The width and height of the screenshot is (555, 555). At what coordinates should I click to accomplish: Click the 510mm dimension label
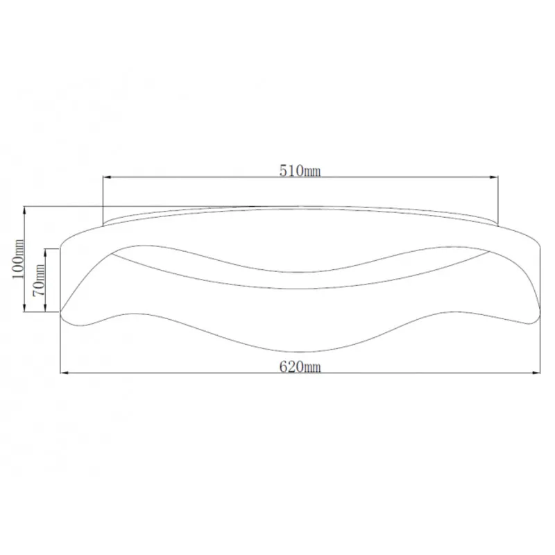[300, 171]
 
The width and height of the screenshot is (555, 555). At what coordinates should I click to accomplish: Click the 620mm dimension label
[300, 367]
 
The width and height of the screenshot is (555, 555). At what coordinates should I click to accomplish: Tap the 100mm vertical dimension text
[18, 259]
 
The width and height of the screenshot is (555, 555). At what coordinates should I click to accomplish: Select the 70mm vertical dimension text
[39, 280]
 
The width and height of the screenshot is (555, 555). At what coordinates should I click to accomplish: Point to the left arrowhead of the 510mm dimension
[108, 177]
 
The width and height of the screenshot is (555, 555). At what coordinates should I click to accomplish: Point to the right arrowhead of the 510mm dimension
[493, 177]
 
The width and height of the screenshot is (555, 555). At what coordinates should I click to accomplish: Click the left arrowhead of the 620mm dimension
[65, 373]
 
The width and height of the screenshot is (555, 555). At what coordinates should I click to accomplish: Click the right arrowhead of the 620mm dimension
[536, 373]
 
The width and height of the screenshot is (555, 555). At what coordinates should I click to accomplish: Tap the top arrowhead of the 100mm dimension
[24, 212]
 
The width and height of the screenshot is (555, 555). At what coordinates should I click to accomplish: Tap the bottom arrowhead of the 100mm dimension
[24, 307]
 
